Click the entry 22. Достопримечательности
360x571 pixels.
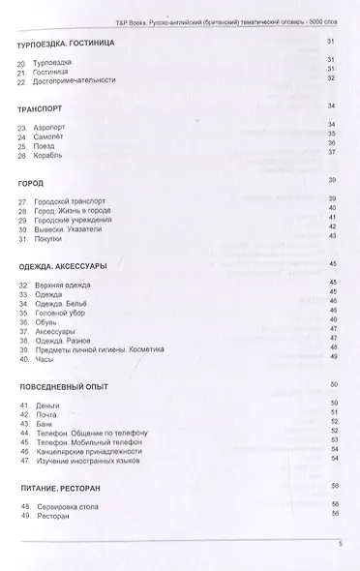71,78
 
